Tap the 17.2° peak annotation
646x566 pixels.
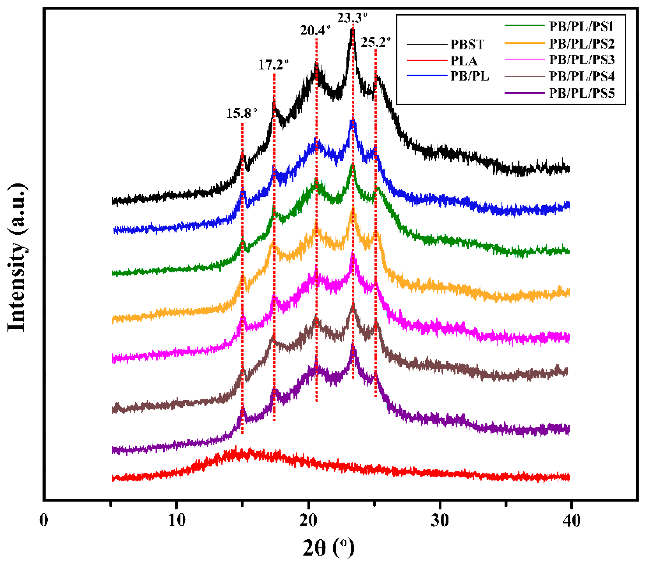click(x=274, y=65)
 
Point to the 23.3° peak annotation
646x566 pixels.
click(x=352, y=18)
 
